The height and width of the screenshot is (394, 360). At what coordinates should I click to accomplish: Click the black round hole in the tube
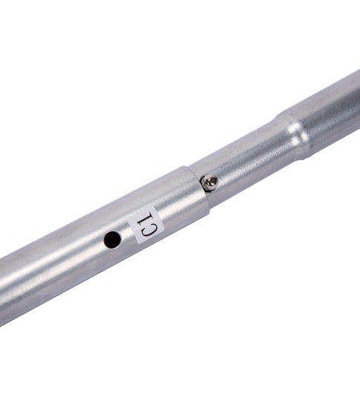click(x=112, y=240)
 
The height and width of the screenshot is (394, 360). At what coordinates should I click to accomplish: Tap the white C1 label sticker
click(x=146, y=224)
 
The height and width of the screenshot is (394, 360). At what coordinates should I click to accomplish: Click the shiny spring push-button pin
click(x=209, y=183)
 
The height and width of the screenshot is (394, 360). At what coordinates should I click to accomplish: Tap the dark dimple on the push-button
click(x=213, y=180)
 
